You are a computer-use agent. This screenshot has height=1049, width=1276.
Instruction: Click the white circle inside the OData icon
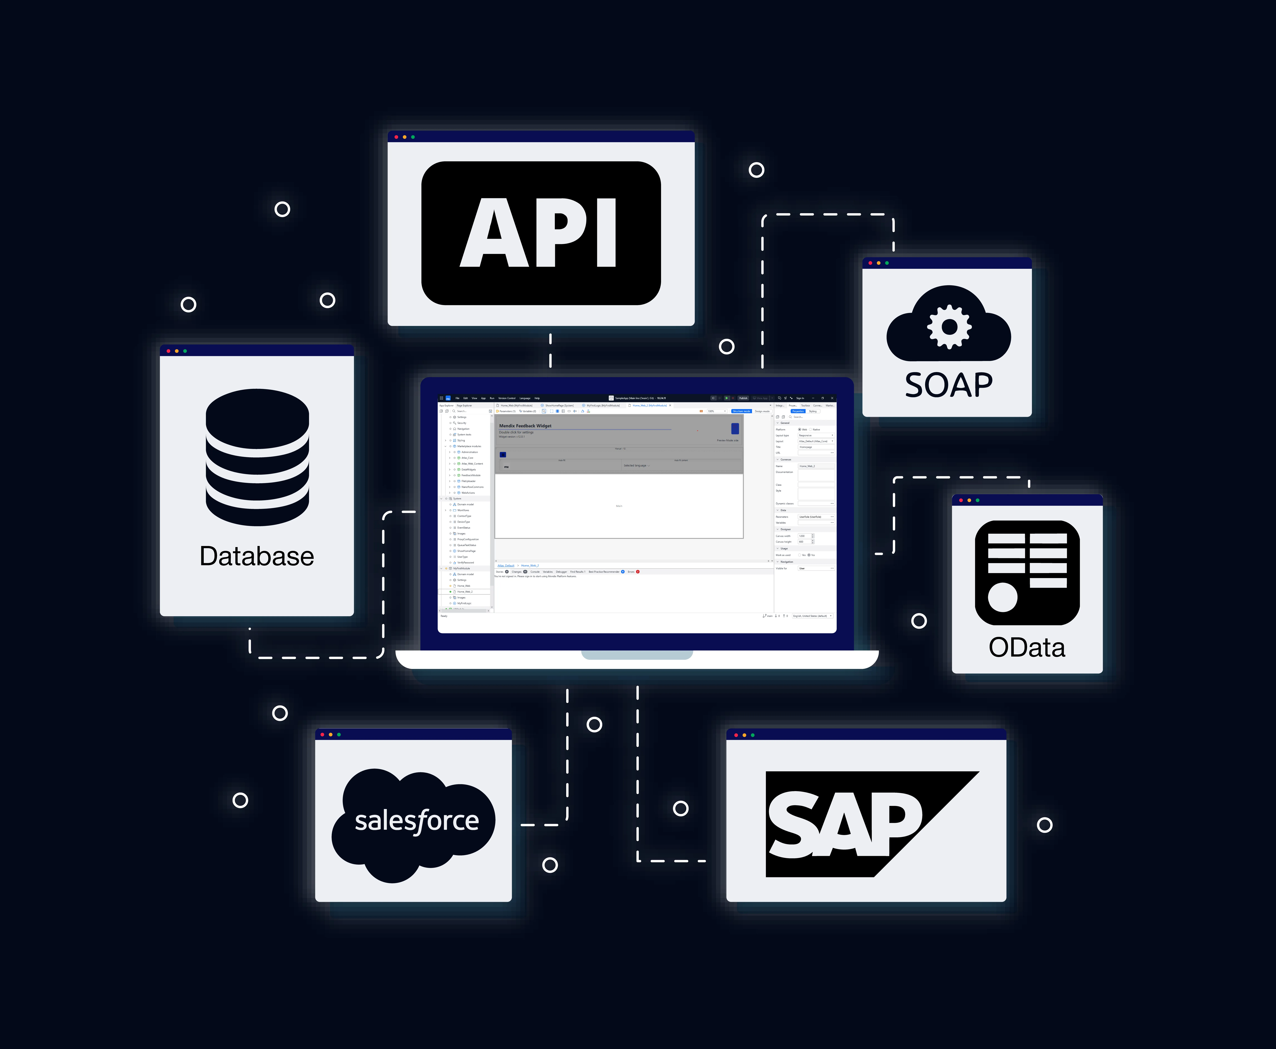pyautogui.click(x=1002, y=597)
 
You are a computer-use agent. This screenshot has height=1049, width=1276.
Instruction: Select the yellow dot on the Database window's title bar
pyautogui.click(x=176, y=351)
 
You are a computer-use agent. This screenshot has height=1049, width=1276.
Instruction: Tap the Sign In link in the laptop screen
pyautogui.click(x=800, y=398)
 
